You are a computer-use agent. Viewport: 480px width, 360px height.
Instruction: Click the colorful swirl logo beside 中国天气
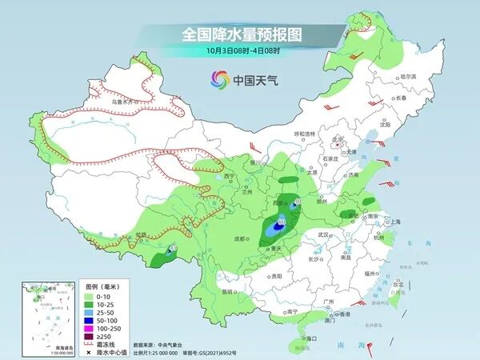(218, 79)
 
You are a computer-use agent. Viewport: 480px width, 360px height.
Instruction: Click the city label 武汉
(323, 234)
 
